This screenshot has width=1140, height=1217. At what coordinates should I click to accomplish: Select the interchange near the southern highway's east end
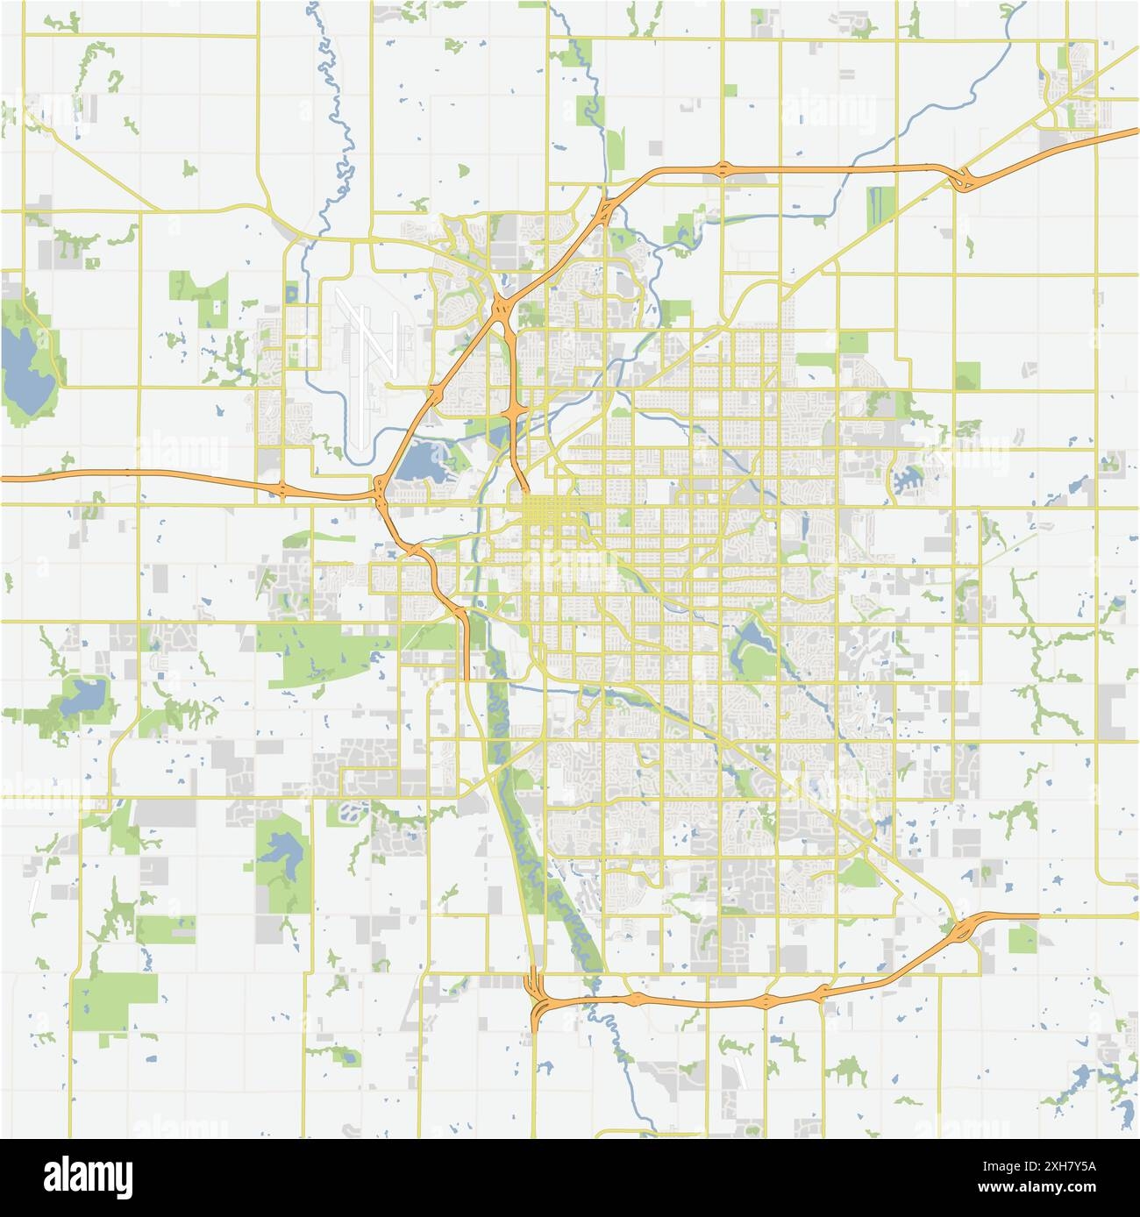pyautogui.click(x=965, y=929)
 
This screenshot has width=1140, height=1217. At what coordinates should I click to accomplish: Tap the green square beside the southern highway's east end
pyautogui.click(x=1022, y=939)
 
